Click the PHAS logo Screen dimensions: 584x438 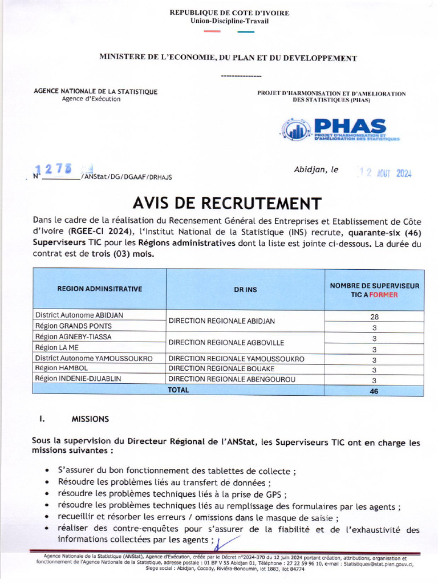340,130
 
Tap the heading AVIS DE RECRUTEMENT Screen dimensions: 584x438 227,204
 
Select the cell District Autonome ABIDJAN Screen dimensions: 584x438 79,315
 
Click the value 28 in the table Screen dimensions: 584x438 374,316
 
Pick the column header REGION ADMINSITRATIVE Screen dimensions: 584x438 99,289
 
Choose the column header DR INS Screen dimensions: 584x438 245,290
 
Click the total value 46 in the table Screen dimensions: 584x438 374,391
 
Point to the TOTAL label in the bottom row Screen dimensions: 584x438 178,390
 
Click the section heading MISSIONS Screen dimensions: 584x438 90,419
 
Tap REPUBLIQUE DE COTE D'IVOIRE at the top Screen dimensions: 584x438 229,13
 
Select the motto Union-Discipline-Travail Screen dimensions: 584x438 229,21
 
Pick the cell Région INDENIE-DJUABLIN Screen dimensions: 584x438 78,379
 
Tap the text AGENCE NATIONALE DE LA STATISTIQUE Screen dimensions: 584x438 96,91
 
